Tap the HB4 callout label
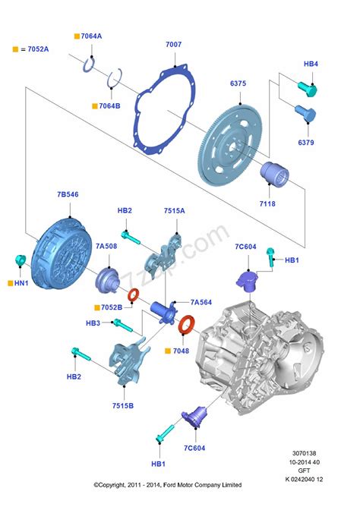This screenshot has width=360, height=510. (311, 64)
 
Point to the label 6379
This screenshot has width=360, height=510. (306, 142)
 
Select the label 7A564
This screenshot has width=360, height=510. (201, 301)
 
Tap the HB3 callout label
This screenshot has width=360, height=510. (93, 323)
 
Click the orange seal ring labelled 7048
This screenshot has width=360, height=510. (185, 327)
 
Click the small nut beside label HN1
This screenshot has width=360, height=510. (21, 261)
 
